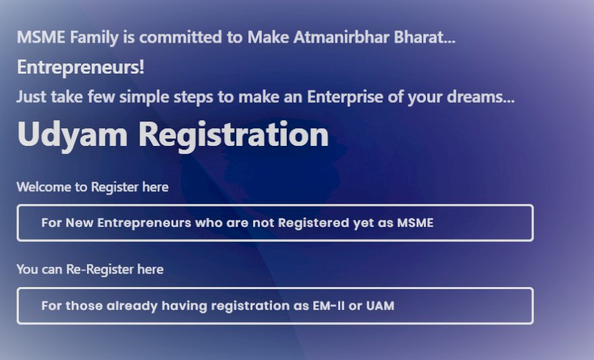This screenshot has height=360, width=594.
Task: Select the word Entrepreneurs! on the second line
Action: pyautogui.click(x=80, y=68)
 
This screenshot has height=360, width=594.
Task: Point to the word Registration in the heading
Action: pyautogui.click(x=234, y=134)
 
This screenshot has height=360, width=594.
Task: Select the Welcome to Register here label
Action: pyautogui.click(x=92, y=186)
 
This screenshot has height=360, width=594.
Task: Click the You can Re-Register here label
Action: pyautogui.click(x=90, y=269)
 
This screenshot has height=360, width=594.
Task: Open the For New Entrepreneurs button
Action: pyautogui.click(x=275, y=223)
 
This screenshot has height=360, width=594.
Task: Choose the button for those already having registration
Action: pyautogui.click(x=275, y=306)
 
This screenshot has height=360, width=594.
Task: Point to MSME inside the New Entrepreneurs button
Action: pyautogui.click(x=414, y=223)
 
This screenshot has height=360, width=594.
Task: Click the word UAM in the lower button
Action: pyautogui.click(x=380, y=306)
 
